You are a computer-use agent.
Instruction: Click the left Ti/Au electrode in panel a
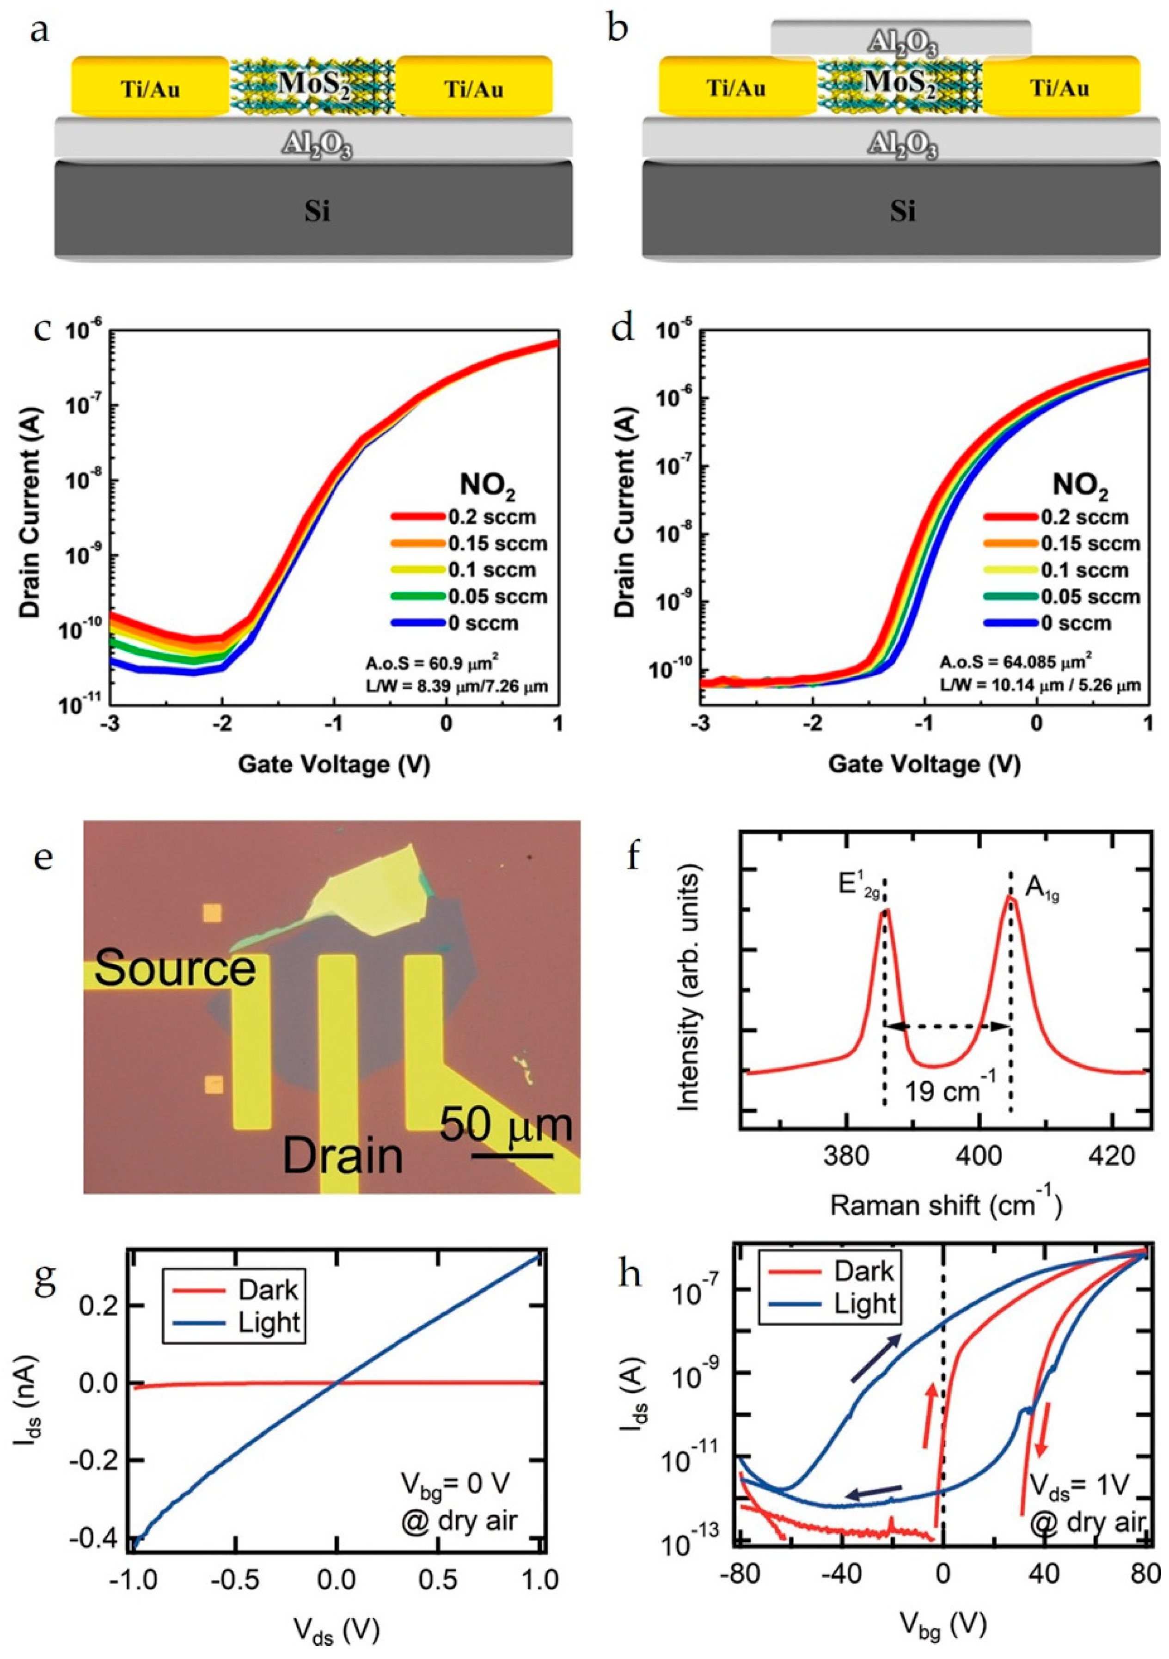tap(150, 88)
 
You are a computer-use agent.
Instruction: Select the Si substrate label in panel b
tap(902, 212)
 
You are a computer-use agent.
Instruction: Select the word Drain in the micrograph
tap(343, 1155)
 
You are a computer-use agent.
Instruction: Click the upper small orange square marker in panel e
tap(213, 913)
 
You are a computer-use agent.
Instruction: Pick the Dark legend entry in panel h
tap(864, 1272)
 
